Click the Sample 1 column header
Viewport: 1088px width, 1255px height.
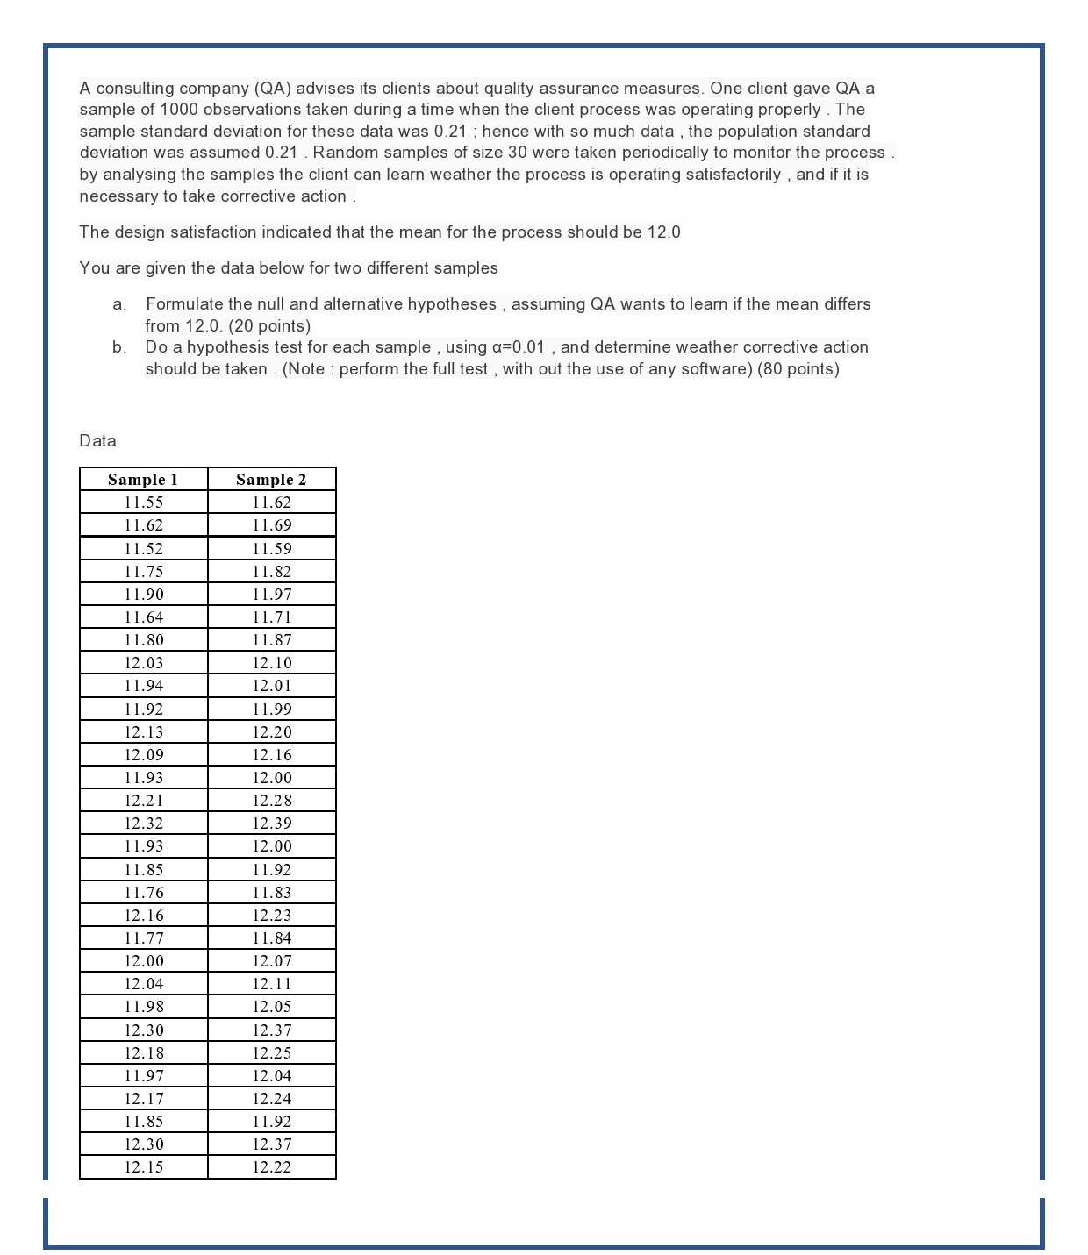(143, 480)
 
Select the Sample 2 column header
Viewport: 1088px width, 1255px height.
(271, 480)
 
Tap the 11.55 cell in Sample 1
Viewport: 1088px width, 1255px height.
(143, 503)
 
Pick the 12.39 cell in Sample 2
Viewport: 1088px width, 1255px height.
(271, 824)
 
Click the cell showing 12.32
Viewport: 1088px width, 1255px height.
(143, 824)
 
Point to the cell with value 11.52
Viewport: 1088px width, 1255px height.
(143, 549)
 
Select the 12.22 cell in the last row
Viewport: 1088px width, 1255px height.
(271, 1167)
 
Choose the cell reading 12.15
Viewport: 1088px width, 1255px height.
(143, 1167)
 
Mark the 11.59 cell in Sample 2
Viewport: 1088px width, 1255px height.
(271, 549)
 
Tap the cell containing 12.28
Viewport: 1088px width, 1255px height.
(271, 801)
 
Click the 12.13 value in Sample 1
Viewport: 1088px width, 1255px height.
(143, 732)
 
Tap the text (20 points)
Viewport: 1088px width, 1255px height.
(269, 326)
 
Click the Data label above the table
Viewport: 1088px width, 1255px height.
(97, 441)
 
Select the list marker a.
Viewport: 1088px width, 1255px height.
(119, 304)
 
